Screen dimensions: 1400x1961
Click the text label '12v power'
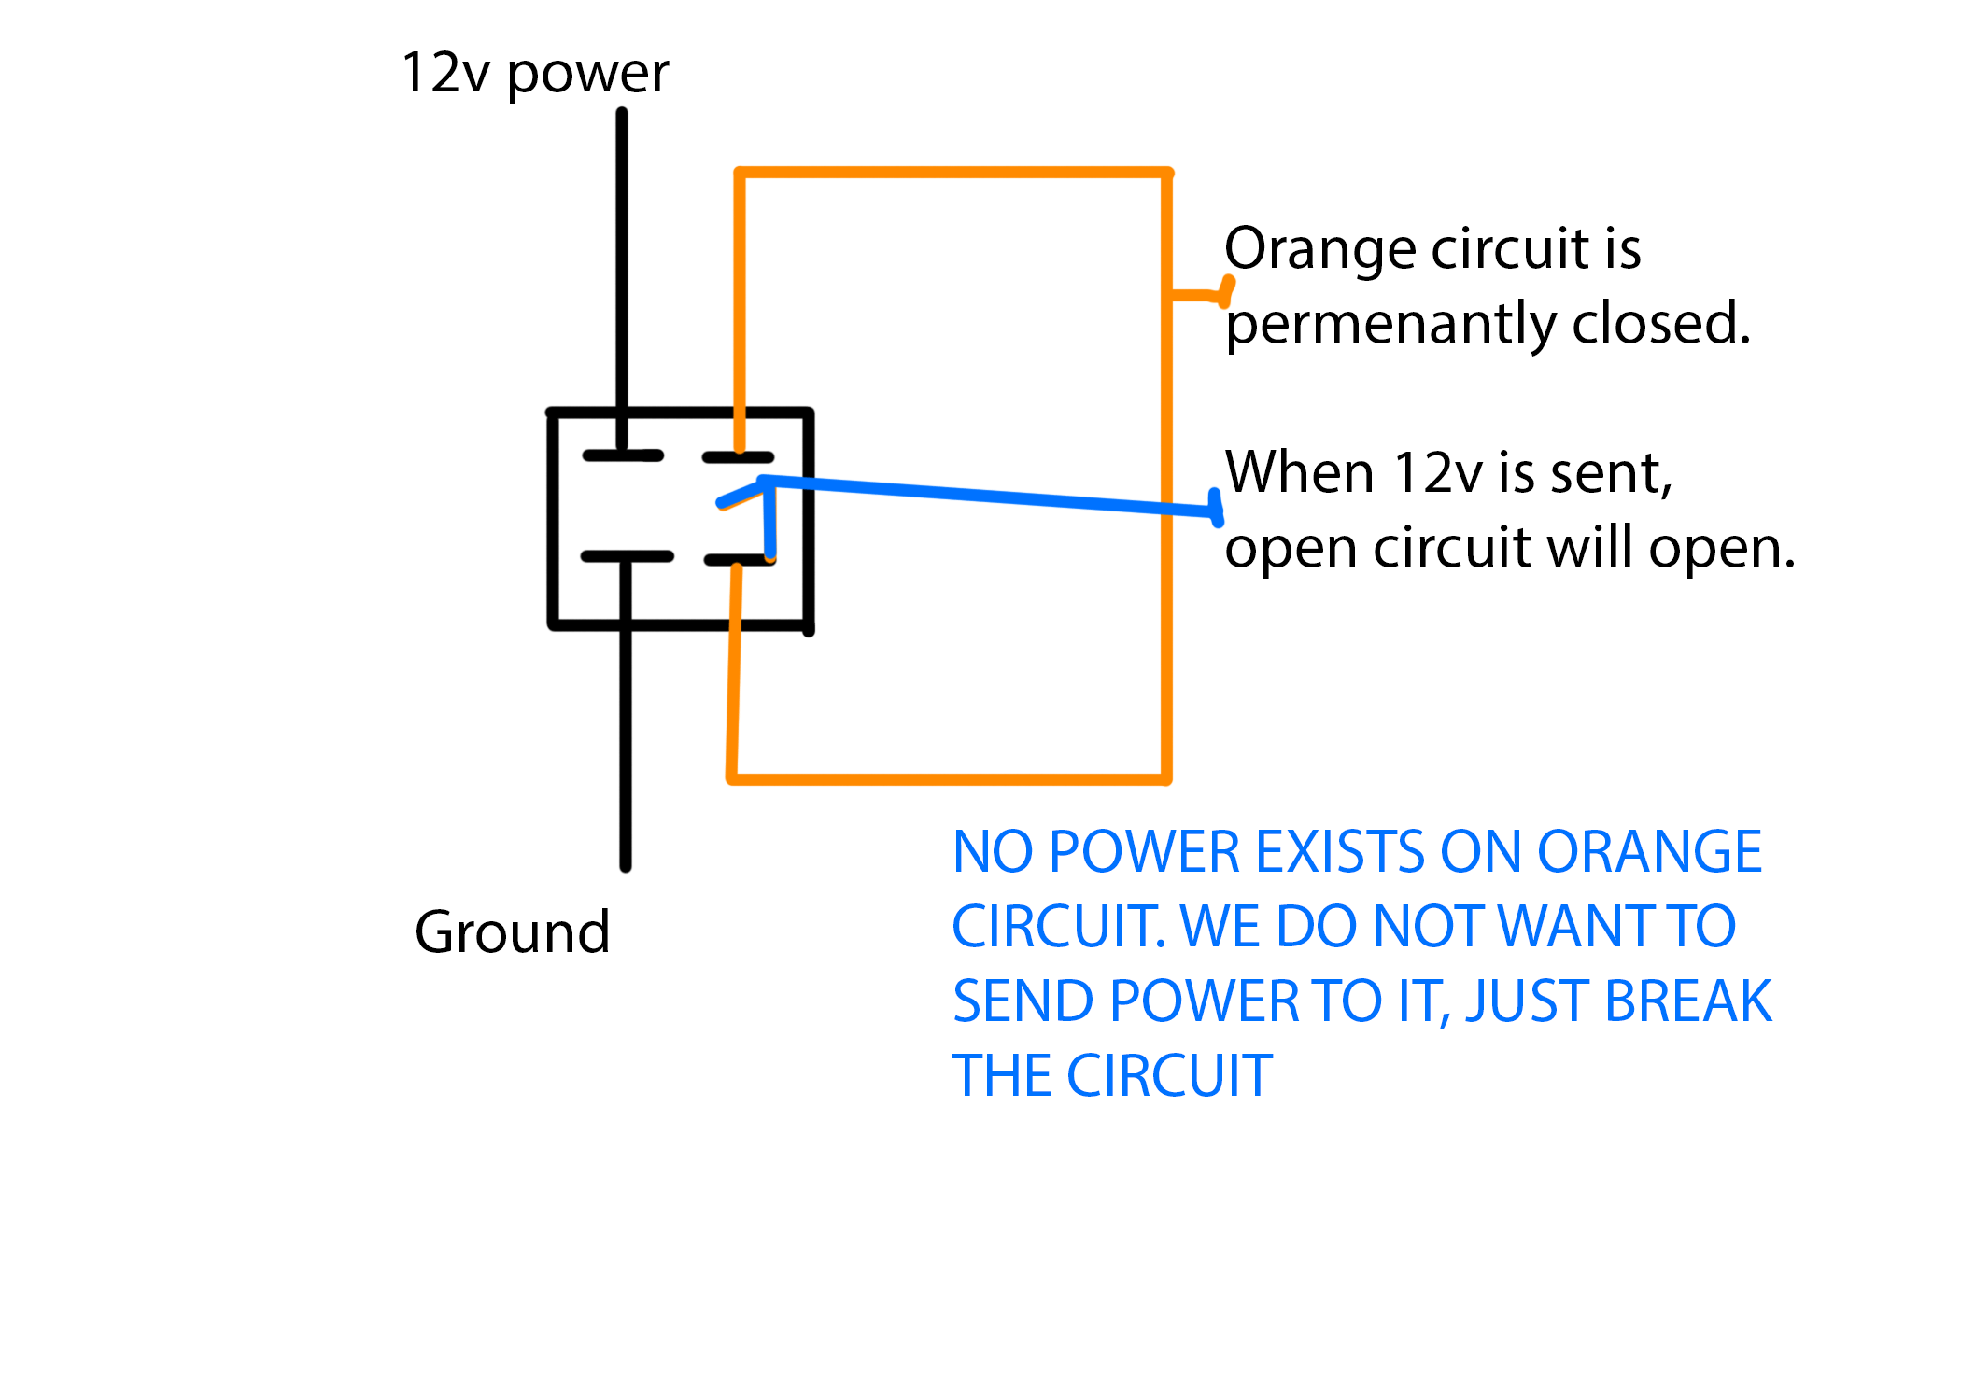pos(535,73)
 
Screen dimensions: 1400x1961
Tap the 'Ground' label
pos(512,931)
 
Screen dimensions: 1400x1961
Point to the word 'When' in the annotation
pos(1299,472)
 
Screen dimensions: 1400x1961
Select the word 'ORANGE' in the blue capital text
pos(1649,852)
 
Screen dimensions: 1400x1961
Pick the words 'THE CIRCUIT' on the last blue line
pos(1111,1076)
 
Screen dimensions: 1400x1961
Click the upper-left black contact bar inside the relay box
pos(623,455)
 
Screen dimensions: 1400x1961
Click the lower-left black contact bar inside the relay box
pos(627,556)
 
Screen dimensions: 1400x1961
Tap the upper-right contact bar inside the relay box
pos(738,457)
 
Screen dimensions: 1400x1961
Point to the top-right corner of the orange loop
pos(1166,173)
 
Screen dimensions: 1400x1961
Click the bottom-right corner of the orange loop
pos(1166,777)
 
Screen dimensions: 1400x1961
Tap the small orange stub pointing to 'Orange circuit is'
pos(1201,295)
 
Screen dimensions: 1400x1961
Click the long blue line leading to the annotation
pos(990,496)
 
